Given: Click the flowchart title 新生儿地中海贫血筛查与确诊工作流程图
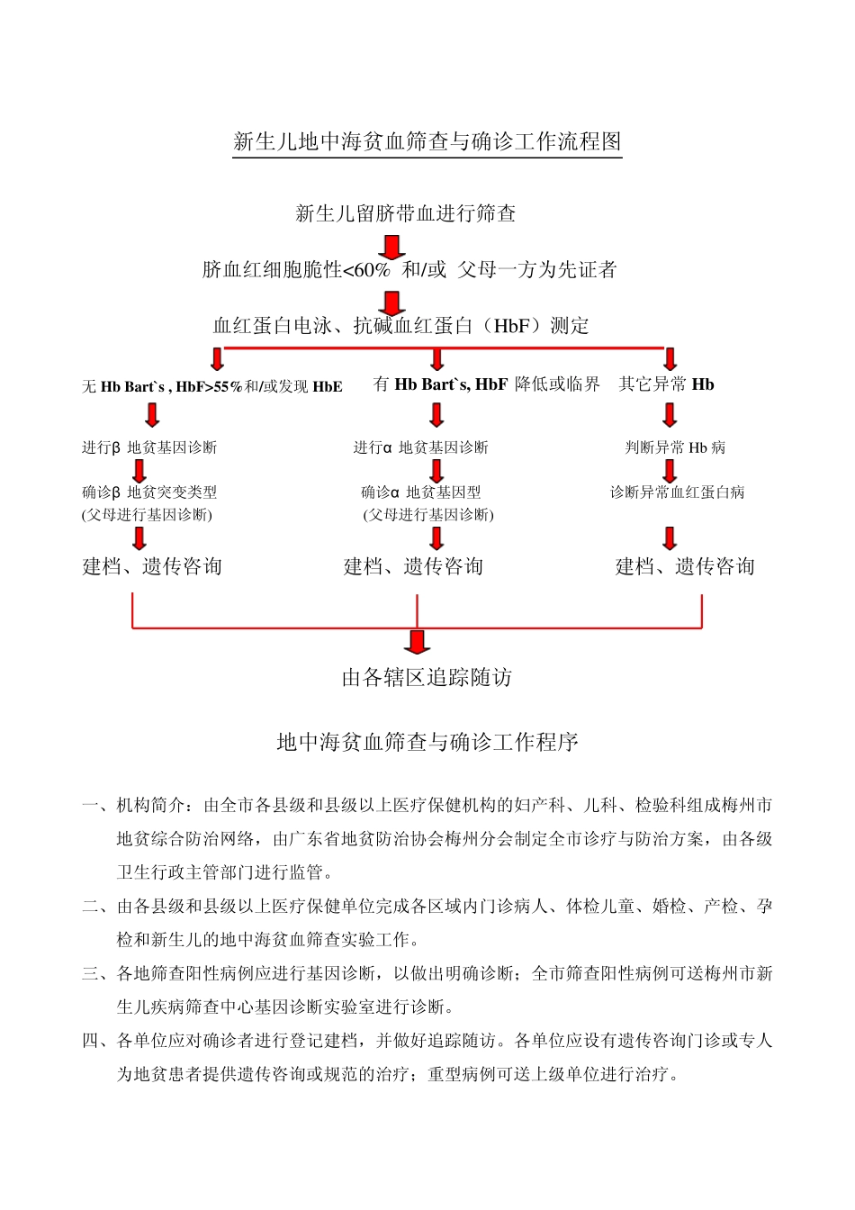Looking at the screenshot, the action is pos(427,141).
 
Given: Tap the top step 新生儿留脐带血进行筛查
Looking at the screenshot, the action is pos(406,213).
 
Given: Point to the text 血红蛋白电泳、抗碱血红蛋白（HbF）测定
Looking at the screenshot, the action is pos(400,326).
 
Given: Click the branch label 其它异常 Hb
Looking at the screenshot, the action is pos(666,384).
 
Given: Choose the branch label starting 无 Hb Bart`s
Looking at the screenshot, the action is pos(212,387).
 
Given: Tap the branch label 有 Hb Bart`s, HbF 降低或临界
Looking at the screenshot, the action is pos(486,384).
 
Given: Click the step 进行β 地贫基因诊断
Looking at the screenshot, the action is pos(149,447).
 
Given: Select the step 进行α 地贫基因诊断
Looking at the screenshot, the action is pos(420,447).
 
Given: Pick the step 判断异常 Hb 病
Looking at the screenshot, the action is pos(675,447).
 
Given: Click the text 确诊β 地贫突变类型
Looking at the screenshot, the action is pos(149,492).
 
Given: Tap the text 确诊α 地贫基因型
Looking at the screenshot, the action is pos(420,492).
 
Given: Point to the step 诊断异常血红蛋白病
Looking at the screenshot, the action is pos(677,492).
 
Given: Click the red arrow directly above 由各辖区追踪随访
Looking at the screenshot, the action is pos(417,641).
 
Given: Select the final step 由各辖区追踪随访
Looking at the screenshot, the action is pos(427,677).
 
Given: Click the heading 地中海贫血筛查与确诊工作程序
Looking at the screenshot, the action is pos(427,742).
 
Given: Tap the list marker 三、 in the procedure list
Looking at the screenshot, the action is pos(95,973).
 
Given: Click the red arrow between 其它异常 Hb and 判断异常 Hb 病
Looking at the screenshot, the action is pos(670,415).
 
